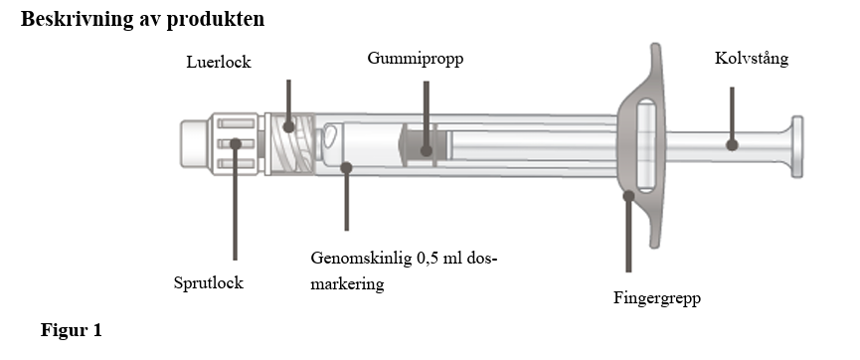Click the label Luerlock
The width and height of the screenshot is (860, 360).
click(219, 62)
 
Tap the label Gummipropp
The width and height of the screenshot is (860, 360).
click(416, 58)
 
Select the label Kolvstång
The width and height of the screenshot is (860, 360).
click(752, 58)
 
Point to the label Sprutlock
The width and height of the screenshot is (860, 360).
click(209, 282)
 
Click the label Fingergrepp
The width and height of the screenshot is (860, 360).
click(657, 298)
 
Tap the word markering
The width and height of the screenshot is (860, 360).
click(347, 284)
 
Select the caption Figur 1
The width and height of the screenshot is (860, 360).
click(72, 330)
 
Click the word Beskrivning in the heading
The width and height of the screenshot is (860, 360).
click(77, 19)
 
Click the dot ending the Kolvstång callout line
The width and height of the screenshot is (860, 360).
click(732, 145)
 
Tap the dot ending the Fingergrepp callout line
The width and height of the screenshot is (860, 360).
click(628, 195)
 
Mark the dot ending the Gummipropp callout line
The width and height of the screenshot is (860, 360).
click(427, 150)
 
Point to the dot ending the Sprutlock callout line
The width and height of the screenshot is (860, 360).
click(236, 144)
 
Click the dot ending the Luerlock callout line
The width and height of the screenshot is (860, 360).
click(288, 127)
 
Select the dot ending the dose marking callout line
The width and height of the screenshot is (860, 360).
click(346, 167)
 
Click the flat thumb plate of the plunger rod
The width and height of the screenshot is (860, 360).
click(797, 146)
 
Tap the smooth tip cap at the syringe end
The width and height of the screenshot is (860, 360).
click(194, 143)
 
